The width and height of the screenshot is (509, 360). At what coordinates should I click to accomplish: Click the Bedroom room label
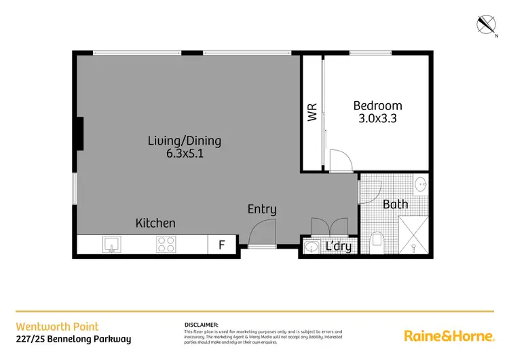[377, 105]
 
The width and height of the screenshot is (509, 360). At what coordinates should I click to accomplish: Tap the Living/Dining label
[185, 141]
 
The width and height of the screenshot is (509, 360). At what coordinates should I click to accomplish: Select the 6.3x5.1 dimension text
[185, 154]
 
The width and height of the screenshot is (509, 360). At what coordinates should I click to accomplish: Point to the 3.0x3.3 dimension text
[377, 118]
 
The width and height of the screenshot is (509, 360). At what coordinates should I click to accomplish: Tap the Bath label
[395, 204]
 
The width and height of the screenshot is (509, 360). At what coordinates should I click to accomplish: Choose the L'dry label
[339, 246]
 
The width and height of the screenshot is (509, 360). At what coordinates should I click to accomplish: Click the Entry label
[261, 209]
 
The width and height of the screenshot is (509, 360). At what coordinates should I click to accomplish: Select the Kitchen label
[155, 223]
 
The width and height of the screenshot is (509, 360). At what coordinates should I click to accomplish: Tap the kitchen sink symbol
[111, 244]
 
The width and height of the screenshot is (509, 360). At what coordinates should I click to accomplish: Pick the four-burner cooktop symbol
[166, 244]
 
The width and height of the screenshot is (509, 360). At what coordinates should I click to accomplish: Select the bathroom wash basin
[420, 183]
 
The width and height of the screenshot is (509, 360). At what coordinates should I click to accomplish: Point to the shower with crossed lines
[413, 235]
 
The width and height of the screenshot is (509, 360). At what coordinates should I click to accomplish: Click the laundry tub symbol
[312, 247]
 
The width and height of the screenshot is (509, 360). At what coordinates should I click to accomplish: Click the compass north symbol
[487, 25]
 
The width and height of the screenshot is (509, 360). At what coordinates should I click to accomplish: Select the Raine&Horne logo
[449, 335]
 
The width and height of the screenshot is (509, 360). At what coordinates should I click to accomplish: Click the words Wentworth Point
[57, 327]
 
